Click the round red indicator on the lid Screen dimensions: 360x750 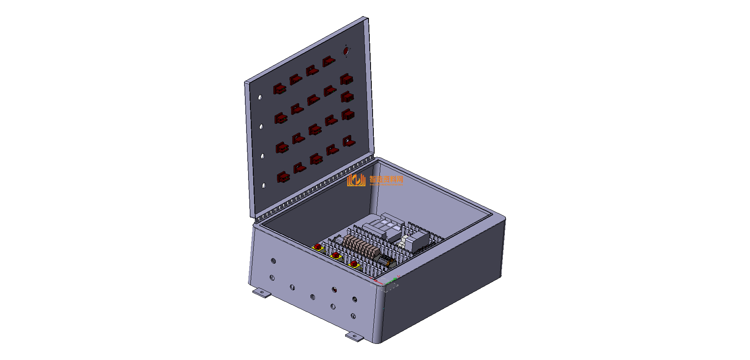tap(346, 51)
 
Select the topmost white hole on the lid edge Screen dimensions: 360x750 tap(260, 97)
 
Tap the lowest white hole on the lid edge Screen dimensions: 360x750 tap(264, 185)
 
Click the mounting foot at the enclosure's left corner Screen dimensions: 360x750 tap(262, 292)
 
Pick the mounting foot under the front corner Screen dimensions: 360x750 tap(354, 337)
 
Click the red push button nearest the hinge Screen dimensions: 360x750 tap(318, 247)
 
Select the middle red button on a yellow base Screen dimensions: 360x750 tap(335, 256)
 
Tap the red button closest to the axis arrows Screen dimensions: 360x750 tap(354, 264)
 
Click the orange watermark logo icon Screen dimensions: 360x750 tap(356, 180)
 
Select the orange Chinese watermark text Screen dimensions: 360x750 tap(386, 179)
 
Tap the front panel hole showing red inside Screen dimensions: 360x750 tap(334, 289)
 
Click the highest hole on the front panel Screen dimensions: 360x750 tap(273, 261)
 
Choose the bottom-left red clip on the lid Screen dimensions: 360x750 tap(283, 177)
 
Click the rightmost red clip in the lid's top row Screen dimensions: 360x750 tap(329, 62)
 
